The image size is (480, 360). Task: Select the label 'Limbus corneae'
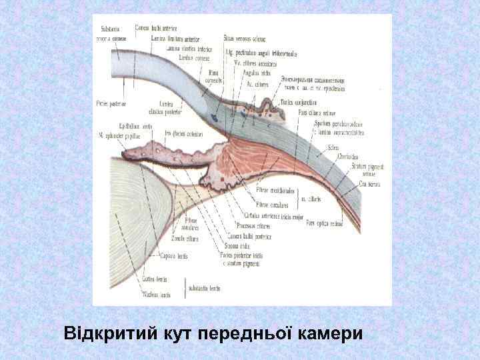point(193,57)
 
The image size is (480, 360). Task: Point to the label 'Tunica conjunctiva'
point(299,102)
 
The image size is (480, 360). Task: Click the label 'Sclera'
point(333,148)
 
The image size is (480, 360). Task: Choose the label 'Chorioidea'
point(347,157)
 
